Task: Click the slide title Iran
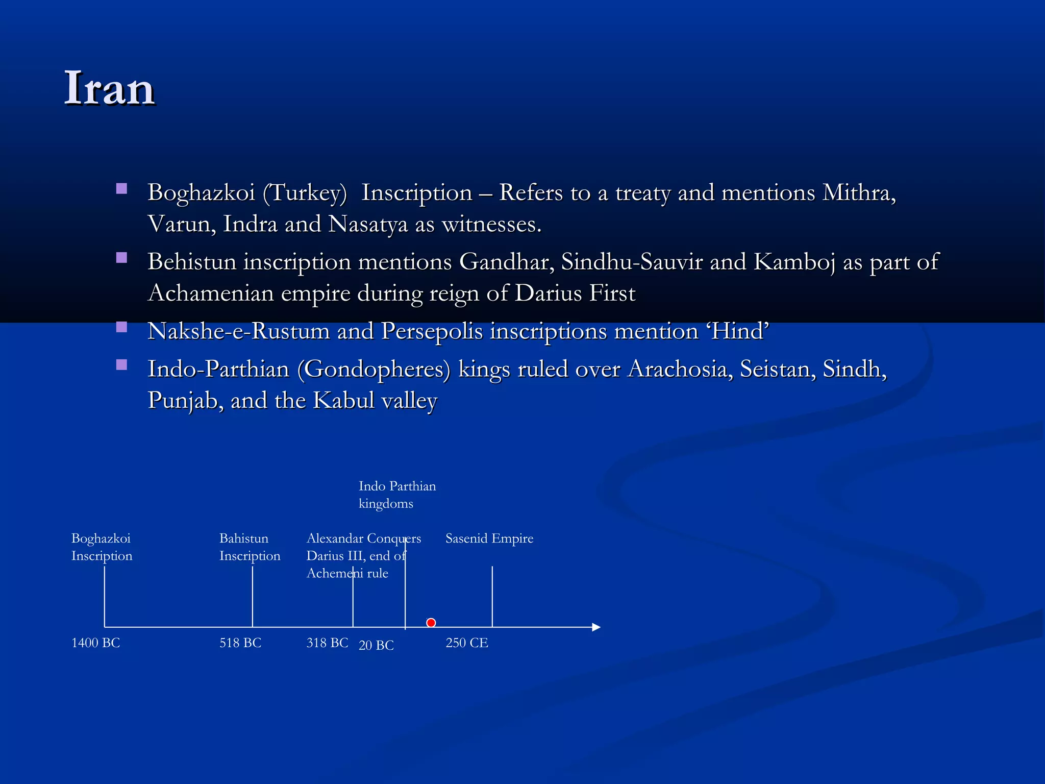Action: (x=109, y=89)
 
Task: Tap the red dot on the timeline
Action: (x=431, y=623)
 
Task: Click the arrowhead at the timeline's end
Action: (x=596, y=627)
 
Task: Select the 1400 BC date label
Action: (x=96, y=643)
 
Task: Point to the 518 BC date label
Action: (x=240, y=643)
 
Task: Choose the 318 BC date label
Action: (x=327, y=643)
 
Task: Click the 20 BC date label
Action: (x=376, y=645)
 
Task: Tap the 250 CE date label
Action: (x=467, y=643)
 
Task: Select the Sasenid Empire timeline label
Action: (x=489, y=538)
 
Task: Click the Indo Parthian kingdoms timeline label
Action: (x=397, y=495)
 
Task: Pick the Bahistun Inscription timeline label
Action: (x=250, y=547)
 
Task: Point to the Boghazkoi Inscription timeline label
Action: (x=102, y=547)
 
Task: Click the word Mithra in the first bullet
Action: (x=859, y=193)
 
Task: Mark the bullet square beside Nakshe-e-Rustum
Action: (x=121, y=327)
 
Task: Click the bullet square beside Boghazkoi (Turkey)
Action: (x=121, y=189)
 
